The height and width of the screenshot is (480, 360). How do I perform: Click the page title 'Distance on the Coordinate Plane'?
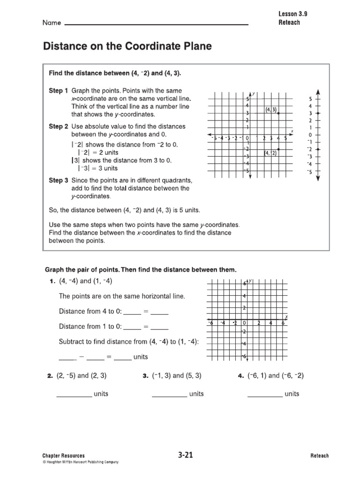[x=127, y=46]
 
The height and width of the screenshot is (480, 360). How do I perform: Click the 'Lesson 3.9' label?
[x=292, y=14]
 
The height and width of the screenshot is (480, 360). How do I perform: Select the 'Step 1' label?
[x=59, y=90]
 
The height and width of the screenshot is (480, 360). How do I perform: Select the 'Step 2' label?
[x=59, y=127]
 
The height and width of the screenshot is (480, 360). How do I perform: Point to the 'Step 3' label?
[x=59, y=180]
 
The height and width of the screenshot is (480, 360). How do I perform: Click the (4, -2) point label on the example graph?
[x=270, y=153]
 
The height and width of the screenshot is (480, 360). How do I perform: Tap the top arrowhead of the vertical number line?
[x=318, y=91]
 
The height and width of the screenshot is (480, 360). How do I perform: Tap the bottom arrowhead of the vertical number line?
[x=318, y=179]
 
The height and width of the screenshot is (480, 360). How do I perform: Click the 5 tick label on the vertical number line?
[x=310, y=99]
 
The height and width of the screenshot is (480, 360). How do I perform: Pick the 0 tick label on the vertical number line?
[x=310, y=135]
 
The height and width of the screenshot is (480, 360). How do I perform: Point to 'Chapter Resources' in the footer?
[x=63, y=456]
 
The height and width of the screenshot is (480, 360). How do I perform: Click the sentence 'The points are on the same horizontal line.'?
[x=122, y=296]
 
